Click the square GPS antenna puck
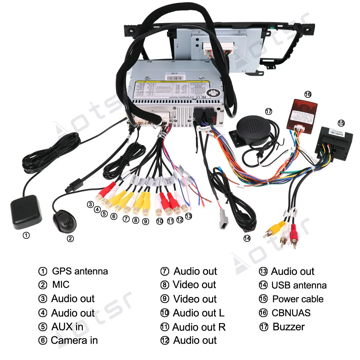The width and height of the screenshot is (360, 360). pyautogui.click(x=26, y=212)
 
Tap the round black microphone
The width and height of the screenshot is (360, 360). pyautogui.click(x=64, y=221)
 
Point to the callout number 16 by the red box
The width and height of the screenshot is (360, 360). pyautogui.click(x=308, y=94)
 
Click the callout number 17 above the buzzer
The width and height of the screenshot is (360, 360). pyautogui.click(x=268, y=112)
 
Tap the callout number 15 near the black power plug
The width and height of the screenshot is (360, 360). pyautogui.click(x=341, y=123)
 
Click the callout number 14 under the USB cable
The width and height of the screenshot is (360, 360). pyautogui.click(x=247, y=238)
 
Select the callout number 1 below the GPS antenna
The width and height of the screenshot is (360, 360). pyautogui.click(x=26, y=235)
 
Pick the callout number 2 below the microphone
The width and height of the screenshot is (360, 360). pyautogui.click(x=70, y=239)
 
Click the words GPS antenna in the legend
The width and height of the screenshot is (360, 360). pyautogui.click(x=80, y=271)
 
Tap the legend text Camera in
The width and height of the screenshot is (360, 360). pyautogui.click(x=74, y=340)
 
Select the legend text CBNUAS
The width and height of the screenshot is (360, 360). pyautogui.click(x=291, y=313)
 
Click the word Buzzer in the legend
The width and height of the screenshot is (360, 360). pyautogui.click(x=288, y=327)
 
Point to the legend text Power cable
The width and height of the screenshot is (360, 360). pyautogui.click(x=298, y=299)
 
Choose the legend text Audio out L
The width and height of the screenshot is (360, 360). pyautogui.click(x=198, y=313)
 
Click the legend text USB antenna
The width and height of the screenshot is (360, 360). pyautogui.click(x=299, y=285)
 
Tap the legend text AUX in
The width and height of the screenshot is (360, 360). pyautogui.click(x=67, y=327)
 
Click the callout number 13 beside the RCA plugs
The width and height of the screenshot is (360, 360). pyautogui.click(x=188, y=216)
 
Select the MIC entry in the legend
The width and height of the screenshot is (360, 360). pyautogui.click(x=61, y=284)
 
